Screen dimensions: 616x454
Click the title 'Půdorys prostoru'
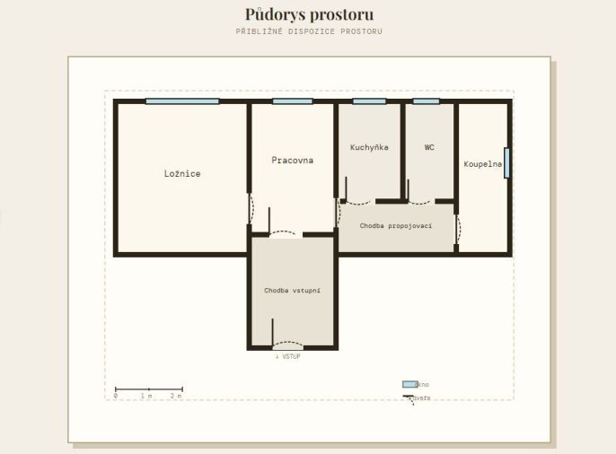pos(309,15)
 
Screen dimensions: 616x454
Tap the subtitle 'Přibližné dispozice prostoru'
pos(309,31)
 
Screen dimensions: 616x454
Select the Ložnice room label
pos(182,173)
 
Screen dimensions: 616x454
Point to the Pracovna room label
pos(293,160)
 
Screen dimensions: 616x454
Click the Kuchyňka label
pos(369,147)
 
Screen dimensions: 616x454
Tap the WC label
pos(429,147)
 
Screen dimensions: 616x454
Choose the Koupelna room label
pos(483,164)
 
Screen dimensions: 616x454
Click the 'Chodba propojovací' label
pos(396,225)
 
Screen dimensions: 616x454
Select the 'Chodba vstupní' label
pos(293,291)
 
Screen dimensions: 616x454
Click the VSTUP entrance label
pos(288,356)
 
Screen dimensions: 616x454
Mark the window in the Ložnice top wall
pos(182,101)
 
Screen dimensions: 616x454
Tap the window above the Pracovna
pos(293,101)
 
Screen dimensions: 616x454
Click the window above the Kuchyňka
pos(369,101)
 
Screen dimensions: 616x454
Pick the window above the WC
pos(427,101)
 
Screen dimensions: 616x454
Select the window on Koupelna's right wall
pos(506,162)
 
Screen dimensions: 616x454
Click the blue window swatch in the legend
pos(409,384)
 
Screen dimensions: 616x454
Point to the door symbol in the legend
pos(409,399)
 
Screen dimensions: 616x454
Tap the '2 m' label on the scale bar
pos(176,396)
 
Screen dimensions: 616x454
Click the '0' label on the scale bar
pos(116,396)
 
